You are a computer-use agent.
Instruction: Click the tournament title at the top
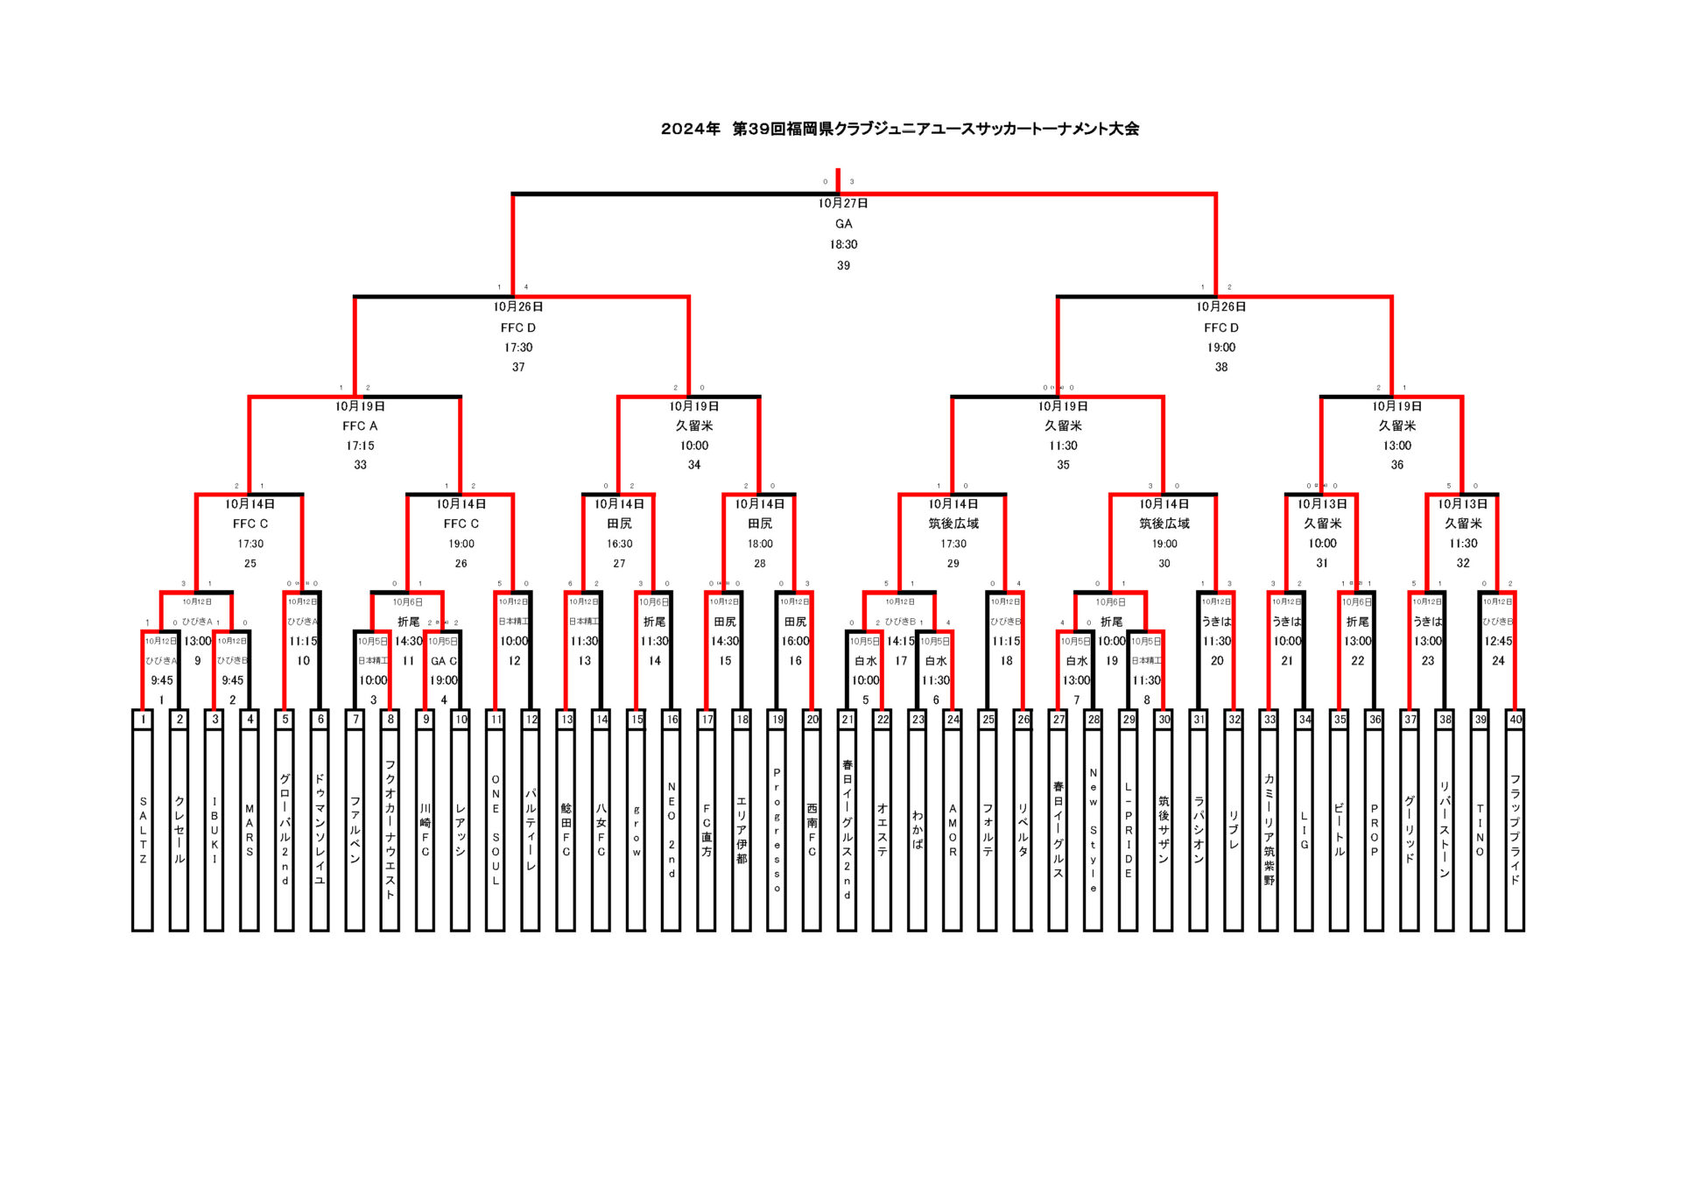[899, 129]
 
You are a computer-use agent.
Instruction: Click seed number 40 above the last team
[1516, 720]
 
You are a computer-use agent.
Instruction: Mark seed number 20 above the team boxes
[812, 720]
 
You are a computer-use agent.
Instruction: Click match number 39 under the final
[843, 265]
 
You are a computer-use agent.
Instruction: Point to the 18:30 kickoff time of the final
[843, 244]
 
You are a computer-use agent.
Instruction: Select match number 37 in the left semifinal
[518, 367]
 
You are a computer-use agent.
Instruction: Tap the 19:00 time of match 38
[1221, 348]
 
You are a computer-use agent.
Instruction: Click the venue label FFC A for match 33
[360, 426]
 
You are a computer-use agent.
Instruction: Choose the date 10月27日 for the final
[843, 203]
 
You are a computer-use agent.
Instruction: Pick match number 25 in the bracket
[250, 563]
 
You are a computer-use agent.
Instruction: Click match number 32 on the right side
[1463, 563]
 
